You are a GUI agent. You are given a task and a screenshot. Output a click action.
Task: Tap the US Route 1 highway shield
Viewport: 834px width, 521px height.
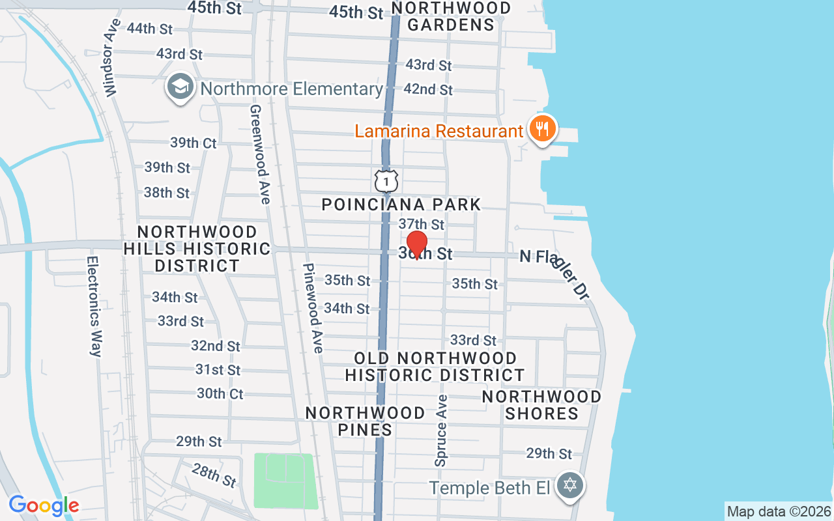click(x=386, y=180)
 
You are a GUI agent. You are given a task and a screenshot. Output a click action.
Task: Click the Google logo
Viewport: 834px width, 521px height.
click(x=44, y=505)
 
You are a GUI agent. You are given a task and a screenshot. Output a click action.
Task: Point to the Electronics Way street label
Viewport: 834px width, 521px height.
click(x=94, y=306)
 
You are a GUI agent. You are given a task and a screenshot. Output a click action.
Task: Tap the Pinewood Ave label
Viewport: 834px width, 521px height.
click(x=313, y=308)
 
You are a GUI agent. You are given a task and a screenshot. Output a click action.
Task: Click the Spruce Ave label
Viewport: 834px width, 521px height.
click(x=442, y=430)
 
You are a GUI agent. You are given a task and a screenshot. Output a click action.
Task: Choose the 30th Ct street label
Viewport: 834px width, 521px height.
click(x=220, y=393)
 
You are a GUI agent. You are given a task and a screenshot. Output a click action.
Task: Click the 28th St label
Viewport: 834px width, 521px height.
click(x=214, y=475)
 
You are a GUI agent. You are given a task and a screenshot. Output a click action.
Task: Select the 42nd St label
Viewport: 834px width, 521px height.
click(x=428, y=89)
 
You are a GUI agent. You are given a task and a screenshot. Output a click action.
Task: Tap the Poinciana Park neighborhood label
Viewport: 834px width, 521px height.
click(x=401, y=204)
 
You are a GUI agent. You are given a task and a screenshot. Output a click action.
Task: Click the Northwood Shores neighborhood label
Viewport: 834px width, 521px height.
click(x=541, y=404)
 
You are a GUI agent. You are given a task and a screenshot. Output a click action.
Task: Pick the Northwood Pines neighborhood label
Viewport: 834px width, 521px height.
click(x=366, y=421)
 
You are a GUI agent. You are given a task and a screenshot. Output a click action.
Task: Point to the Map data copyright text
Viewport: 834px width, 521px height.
click(x=779, y=511)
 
